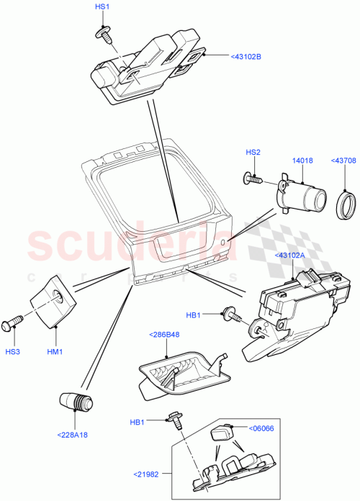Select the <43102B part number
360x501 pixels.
pyautogui.click(x=246, y=55)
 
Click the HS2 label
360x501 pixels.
pyautogui.click(x=253, y=152)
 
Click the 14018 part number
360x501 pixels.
pyautogui.click(x=302, y=161)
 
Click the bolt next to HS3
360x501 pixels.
pyautogui.click(x=12, y=322)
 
